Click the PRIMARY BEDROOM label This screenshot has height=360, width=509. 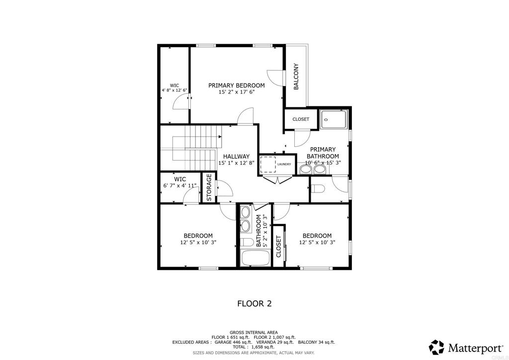236,85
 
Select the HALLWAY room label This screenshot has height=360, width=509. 236,156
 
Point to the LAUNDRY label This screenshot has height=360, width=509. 284,164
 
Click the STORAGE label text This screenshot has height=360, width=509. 209,187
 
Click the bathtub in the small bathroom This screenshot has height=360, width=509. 254,259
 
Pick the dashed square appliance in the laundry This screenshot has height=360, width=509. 268,164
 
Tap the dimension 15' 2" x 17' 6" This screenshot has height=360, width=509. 236,92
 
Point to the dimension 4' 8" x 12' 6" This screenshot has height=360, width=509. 174,90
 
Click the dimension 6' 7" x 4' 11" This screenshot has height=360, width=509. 179,185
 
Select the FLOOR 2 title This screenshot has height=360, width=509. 254,303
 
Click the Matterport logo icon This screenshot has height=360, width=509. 436,347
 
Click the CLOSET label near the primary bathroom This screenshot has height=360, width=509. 301,119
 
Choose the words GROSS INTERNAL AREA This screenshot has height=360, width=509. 254,332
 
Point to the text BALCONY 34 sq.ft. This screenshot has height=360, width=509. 316,342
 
